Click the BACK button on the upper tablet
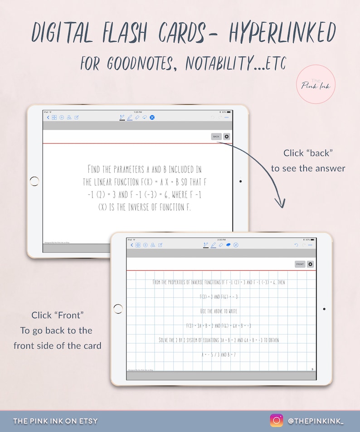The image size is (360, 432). [216, 136]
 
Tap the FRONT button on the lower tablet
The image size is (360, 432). [300, 264]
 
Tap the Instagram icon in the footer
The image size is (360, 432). [276, 421]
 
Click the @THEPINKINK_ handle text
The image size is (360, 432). [316, 421]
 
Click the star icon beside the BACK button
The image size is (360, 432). [227, 136]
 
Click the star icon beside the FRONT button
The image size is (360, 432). [310, 264]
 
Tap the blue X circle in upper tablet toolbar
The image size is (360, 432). [152, 117]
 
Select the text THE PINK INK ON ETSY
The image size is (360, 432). [55, 421]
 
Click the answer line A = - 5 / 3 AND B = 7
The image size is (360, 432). [219, 354]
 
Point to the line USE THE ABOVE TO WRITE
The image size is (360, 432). [219, 311]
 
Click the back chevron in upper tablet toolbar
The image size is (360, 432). [49, 117]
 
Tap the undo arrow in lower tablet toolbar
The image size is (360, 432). [296, 245]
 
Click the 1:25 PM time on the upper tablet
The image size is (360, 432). [137, 112]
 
